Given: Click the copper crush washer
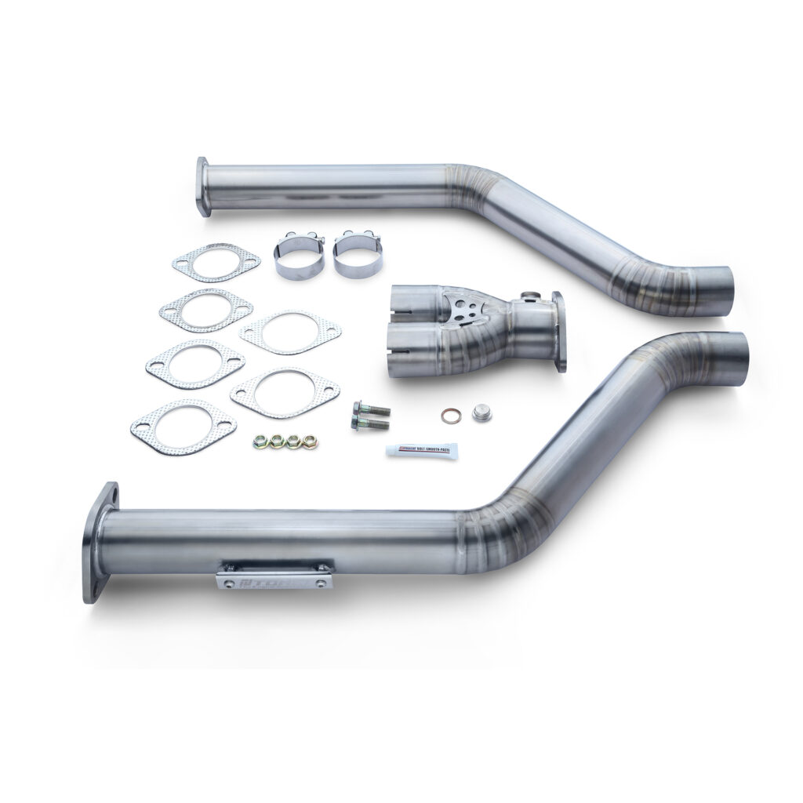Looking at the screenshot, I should (450, 416).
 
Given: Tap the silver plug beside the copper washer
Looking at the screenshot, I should (479, 412).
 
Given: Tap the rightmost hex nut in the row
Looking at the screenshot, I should (309, 441).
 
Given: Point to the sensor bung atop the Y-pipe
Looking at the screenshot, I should (529, 296).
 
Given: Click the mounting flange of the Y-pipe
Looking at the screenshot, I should (558, 332).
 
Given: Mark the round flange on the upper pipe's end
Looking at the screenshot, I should (203, 187).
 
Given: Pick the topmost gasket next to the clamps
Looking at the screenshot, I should (216, 263).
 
